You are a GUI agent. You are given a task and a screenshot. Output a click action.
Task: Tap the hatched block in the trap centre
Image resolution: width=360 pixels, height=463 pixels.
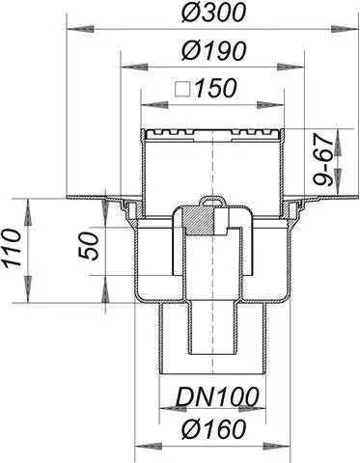coord(197,221)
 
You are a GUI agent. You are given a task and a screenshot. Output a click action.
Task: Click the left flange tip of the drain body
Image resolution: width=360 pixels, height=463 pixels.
coord(69,199)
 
